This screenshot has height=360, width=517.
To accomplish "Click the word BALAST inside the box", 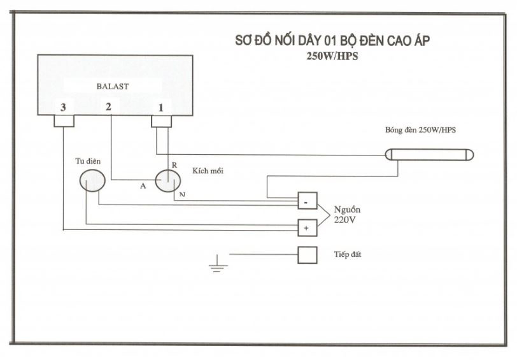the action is pyautogui.click(x=113, y=87).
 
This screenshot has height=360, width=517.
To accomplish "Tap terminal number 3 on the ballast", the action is pyautogui.click(x=63, y=107).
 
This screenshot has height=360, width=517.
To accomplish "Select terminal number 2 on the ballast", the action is pyautogui.click(x=108, y=106).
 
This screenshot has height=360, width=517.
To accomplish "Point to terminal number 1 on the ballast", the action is pyautogui.click(x=161, y=108).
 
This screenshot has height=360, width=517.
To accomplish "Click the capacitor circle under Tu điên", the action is pyautogui.click(x=92, y=180).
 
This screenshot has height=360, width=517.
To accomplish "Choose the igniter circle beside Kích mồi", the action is pyautogui.click(x=168, y=181).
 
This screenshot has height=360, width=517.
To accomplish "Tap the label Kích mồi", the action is pyautogui.click(x=208, y=171).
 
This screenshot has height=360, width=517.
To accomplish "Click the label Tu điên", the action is pyautogui.click(x=88, y=161).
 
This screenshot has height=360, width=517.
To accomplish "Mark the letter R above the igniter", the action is pyautogui.click(x=174, y=165).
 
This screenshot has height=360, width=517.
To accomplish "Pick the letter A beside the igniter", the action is pyautogui.click(x=143, y=186).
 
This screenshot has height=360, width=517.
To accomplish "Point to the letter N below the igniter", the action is pyautogui.click(x=182, y=194).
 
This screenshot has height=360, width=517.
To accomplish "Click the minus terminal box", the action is pyautogui.click(x=308, y=201).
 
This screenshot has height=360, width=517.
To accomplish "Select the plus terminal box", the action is pyautogui.click(x=308, y=228).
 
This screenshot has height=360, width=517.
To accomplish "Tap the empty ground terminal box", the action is pyautogui.click(x=308, y=255).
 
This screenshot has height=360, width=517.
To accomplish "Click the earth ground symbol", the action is pyautogui.click(x=218, y=263).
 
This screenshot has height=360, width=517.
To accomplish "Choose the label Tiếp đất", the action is pyautogui.click(x=348, y=254).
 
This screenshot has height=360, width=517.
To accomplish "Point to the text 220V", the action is pyautogui.click(x=345, y=220).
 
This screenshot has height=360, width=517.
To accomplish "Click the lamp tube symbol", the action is pyautogui.click(x=429, y=155).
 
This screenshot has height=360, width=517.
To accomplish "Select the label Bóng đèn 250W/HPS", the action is pyautogui.click(x=420, y=130).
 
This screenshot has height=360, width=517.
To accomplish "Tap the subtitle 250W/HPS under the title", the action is pyautogui.click(x=332, y=56).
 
